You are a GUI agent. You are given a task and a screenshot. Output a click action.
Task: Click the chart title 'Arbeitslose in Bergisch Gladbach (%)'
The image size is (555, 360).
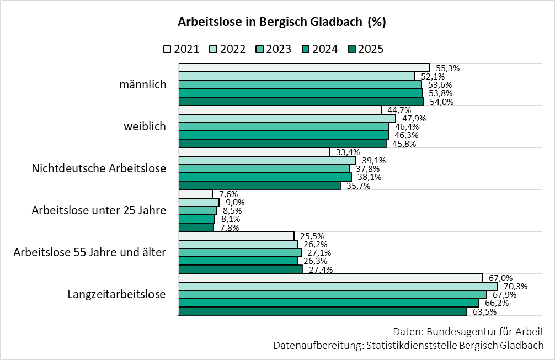(x=281, y=23)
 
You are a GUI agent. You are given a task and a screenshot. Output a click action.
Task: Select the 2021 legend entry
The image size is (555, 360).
(x=182, y=49)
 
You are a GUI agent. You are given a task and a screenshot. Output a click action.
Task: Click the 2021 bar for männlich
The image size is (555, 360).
(x=303, y=68)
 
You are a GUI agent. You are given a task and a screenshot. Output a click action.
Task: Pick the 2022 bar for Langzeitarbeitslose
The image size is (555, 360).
(x=338, y=286)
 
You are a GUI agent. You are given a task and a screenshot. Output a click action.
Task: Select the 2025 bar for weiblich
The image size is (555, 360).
(x=282, y=143)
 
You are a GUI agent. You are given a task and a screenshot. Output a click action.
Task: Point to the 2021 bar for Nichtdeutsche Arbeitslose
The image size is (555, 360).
(x=254, y=152)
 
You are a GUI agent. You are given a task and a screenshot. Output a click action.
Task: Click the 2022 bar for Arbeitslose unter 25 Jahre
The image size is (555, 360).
(x=199, y=202)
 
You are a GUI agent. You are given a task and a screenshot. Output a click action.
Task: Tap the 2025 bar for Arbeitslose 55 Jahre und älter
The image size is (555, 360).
(x=240, y=269)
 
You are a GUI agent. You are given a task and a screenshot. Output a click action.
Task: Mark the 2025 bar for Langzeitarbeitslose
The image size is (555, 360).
(x=322, y=311)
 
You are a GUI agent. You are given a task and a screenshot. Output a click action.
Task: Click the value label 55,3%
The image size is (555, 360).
(x=447, y=68)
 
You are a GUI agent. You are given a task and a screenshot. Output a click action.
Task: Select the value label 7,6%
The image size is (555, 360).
(x=228, y=194)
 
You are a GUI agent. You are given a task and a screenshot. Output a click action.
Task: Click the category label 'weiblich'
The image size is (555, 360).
(x=145, y=127)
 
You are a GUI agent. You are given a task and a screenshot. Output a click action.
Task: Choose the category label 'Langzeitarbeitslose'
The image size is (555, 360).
(x=116, y=294)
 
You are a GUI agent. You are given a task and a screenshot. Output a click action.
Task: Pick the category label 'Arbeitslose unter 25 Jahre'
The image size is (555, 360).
(x=99, y=210)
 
